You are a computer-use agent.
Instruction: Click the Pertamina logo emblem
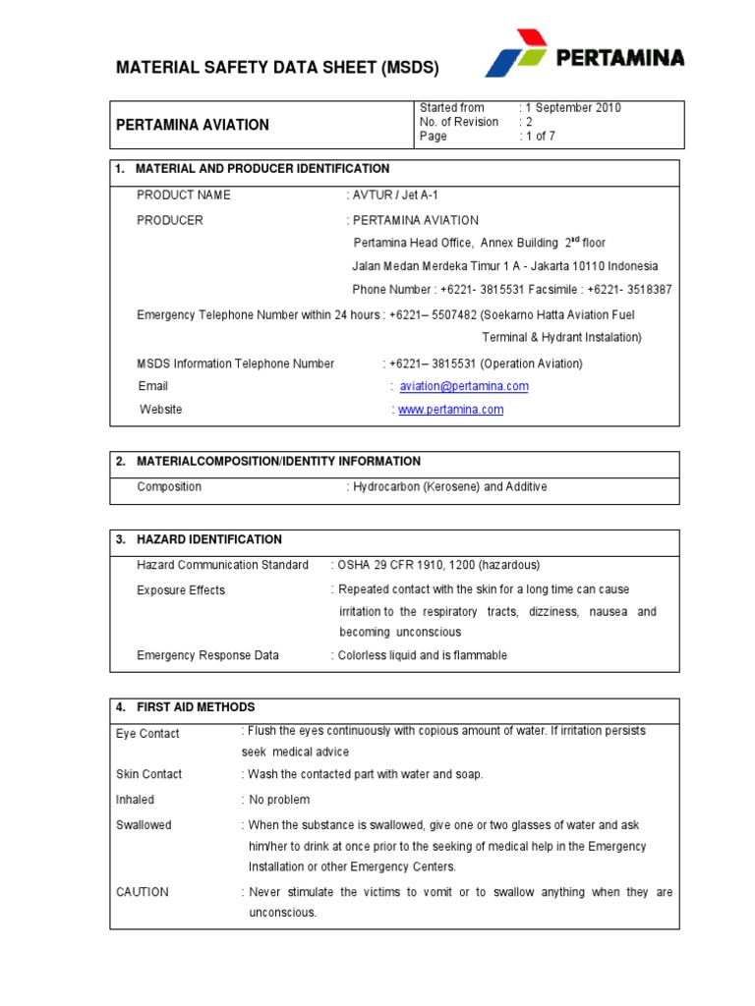(516, 53)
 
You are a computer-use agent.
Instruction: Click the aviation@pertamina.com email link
(464, 387)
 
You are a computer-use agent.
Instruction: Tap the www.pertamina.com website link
(450, 410)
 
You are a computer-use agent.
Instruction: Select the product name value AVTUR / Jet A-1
(390, 196)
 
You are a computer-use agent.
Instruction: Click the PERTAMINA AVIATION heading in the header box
(193, 125)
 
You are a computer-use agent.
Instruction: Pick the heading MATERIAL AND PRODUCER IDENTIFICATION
(261, 169)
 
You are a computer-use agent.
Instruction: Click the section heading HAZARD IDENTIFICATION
(208, 540)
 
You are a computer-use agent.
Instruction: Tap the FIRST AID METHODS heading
(195, 707)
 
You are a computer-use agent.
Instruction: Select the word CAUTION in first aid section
(143, 892)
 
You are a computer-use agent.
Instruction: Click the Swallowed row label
(144, 825)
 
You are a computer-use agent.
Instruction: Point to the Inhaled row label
(135, 800)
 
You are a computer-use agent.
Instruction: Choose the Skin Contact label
(148, 774)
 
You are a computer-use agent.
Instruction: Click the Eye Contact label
(147, 734)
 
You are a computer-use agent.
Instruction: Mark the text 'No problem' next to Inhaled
(279, 800)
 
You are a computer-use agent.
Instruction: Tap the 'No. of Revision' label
(459, 122)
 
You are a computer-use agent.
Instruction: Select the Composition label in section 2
(169, 487)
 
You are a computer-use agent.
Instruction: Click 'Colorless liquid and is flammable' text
(423, 655)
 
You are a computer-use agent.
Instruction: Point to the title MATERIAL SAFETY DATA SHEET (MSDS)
(277, 68)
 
